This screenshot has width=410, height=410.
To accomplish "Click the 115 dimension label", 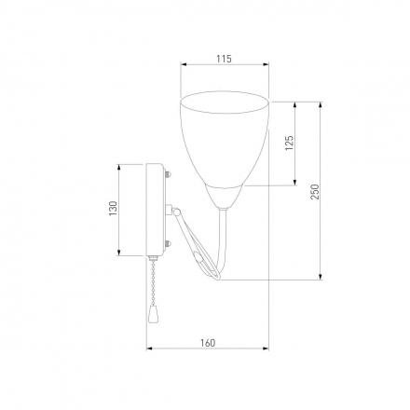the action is click(224, 59).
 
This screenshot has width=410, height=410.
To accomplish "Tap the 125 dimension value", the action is click(289, 143).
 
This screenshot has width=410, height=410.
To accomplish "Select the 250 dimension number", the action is click(315, 192).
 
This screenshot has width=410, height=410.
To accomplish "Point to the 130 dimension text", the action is click(114, 209).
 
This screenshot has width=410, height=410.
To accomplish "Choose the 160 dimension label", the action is click(208, 343).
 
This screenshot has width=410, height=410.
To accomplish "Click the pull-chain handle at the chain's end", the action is click(153, 313).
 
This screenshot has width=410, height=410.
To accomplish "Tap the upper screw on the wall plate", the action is click(168, 174).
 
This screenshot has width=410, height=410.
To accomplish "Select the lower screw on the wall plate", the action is click(168, 244).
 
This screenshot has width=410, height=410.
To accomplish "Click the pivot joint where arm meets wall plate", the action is click(176, 212).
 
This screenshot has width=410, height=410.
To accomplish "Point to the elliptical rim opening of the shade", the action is click(225, 102).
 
